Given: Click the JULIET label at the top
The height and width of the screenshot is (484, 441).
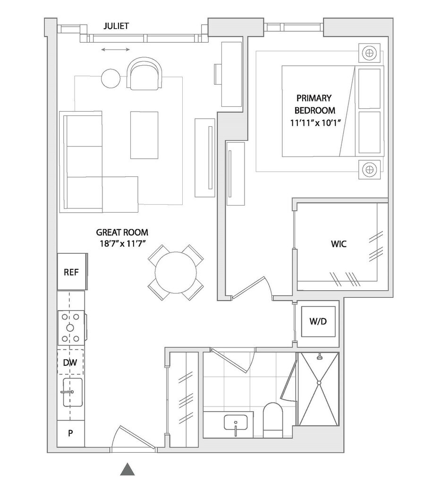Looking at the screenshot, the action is point(116,26).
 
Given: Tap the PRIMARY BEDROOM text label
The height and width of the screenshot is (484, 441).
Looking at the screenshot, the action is point(314,104).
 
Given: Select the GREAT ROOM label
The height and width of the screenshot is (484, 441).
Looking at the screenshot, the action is point(122,232).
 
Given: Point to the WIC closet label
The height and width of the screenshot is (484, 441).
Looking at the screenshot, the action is point(339,244).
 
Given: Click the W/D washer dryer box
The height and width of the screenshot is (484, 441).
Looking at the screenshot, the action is point(318,321).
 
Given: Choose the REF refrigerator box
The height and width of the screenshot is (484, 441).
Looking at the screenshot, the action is point(72,272).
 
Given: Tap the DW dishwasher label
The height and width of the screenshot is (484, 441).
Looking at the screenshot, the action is point(70,363).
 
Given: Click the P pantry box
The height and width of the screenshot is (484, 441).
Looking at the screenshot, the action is point(70,433).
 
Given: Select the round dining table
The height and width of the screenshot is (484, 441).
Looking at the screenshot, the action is point(176,273).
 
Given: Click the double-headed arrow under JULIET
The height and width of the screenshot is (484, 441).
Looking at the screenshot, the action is point(116,50).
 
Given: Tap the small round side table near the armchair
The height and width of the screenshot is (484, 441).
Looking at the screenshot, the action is point(111,78).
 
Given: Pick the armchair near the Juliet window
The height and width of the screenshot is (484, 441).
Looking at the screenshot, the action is point(144,74).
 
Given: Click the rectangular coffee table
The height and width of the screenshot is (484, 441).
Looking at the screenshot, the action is point(144,135).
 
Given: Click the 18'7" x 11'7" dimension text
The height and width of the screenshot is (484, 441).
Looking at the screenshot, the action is point(122,243).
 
